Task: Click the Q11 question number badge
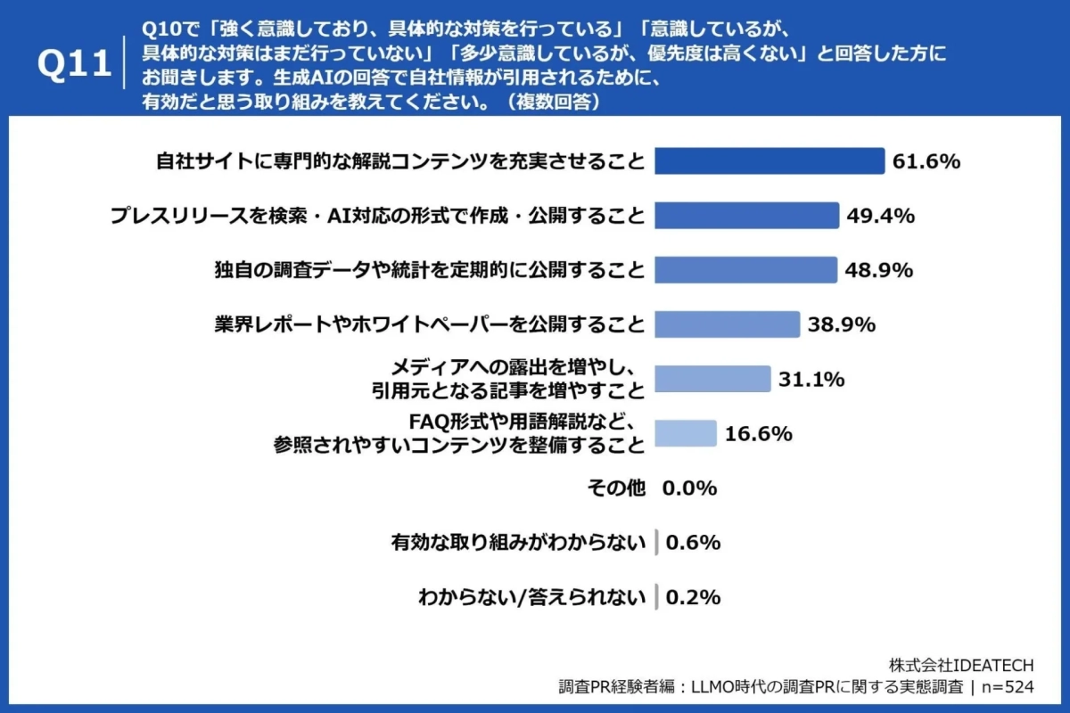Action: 75,65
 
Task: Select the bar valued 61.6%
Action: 770,161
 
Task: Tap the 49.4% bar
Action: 747,216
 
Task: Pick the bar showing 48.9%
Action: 746,270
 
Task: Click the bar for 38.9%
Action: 728,324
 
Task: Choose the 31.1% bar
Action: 712,379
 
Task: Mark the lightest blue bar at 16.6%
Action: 686,433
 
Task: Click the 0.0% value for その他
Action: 689,488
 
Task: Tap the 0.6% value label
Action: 693,543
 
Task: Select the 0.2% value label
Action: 693,597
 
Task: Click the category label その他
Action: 615,488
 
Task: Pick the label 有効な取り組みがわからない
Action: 518,543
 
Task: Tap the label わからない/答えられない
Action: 532,597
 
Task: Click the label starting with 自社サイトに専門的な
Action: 400,161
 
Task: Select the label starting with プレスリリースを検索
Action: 377,216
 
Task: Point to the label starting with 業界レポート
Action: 429,324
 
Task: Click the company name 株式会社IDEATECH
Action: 961,666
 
